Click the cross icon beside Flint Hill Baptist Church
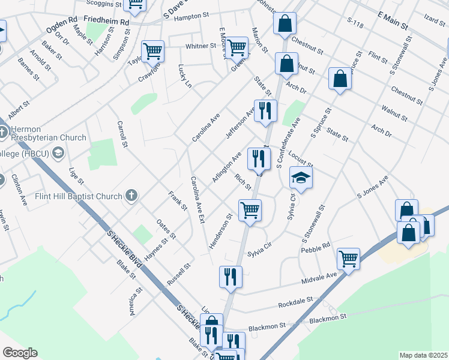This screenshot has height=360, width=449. coord(131,195)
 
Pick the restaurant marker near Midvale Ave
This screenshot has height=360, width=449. coord(231,277)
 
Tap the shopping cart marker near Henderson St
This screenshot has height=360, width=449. coord(250,211)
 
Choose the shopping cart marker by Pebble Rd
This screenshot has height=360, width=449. coord(348,259)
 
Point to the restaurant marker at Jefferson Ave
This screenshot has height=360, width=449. coord(264,110)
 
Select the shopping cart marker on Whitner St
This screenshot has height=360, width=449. coord(237,47)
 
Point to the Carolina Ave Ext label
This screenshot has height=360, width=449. coord(197,200)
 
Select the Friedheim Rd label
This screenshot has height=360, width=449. coord(107,21)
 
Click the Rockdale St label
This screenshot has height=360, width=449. coord(297,302)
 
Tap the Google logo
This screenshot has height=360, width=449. coord(20,353)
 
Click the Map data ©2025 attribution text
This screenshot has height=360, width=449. coord(424,355)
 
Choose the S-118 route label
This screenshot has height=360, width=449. coord(356,23)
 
